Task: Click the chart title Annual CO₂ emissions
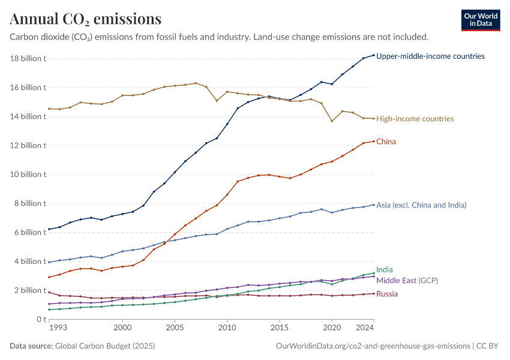click(85, 19)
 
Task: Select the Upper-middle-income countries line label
click(430, 56)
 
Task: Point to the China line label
click(386, 142)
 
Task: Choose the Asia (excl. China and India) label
click(421, 205)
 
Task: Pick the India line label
click(385, 270)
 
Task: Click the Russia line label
click(386, 294)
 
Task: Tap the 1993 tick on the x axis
click(59, 328)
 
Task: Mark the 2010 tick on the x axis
click(227, 328)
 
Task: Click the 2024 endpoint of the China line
click(374, 142)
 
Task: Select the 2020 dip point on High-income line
click(332, 121)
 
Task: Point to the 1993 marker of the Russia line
click(49, 292)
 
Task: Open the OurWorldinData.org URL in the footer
click(373, 346)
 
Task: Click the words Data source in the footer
click(31, 346)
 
